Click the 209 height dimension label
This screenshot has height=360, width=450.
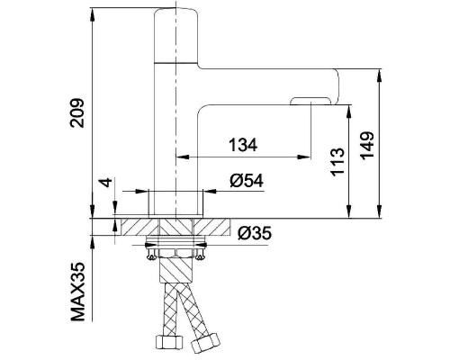76,112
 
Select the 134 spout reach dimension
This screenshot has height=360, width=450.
243,145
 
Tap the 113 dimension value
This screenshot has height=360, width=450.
337,161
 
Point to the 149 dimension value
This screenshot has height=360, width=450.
367,145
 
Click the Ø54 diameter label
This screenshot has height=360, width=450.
247,181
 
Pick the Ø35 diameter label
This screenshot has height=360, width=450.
255,233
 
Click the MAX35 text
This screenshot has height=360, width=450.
77,292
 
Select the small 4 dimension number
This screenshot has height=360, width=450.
107,182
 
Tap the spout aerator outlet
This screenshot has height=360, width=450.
310,101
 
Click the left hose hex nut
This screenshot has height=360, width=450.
169,342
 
